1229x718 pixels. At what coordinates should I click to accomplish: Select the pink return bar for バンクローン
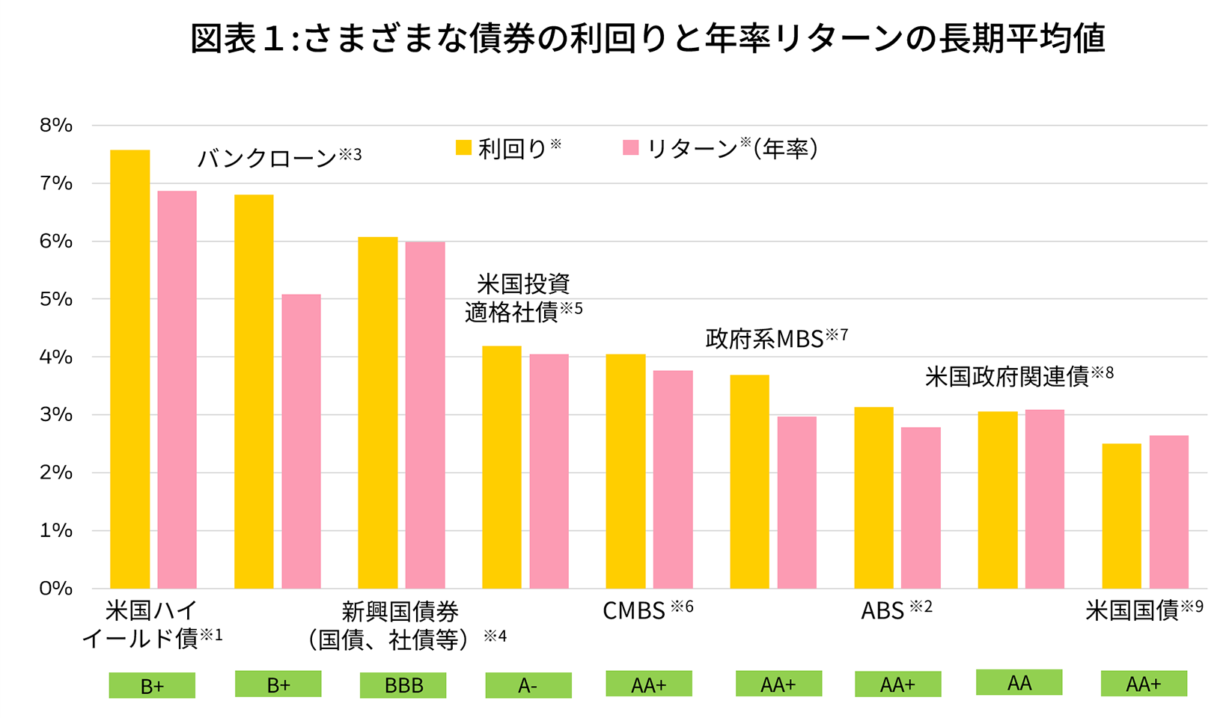click(301, 441)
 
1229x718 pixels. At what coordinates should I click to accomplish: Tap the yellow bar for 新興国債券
click(377, 412)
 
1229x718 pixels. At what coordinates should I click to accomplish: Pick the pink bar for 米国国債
click(1168, 512)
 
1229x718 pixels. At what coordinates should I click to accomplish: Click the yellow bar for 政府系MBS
click(749, 482)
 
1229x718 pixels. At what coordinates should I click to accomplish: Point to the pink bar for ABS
click(921, 508)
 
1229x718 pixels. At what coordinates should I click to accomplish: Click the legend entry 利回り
click(509, 148)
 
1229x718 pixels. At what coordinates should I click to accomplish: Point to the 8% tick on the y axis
click(56, 126)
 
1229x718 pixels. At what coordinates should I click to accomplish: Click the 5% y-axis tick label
click(56, 299)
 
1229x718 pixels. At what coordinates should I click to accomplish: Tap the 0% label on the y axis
click(56, 589)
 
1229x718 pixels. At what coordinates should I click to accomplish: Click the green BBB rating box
click(403, 685)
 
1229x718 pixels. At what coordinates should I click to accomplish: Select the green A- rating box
click(528, 685)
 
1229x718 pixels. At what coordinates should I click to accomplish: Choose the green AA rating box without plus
click(1019, 682)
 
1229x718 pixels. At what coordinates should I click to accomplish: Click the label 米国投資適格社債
click(522, 298)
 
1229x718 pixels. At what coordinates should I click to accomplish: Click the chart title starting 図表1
click(647, 39)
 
